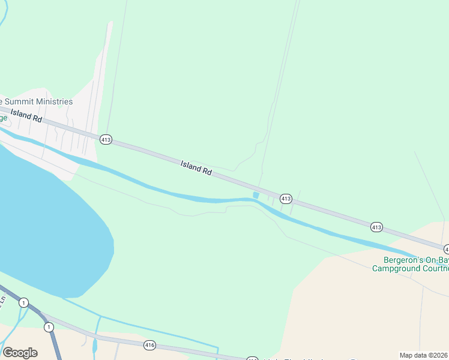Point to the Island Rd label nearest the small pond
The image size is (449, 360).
tap(196, 167)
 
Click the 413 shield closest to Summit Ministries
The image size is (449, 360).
tap(106, 139)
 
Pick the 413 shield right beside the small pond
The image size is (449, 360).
tap(286, 198)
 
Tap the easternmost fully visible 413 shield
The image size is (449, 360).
tap(376, 227)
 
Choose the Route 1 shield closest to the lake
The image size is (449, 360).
tap(23, 303)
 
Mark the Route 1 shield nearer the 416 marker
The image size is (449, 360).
tap(49, 327)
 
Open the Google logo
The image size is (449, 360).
tap(20, 353)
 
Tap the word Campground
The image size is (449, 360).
tap(394, 268)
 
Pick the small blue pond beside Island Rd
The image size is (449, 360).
tap(256, 195)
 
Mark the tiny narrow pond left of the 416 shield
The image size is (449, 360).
tap(95, 346)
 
